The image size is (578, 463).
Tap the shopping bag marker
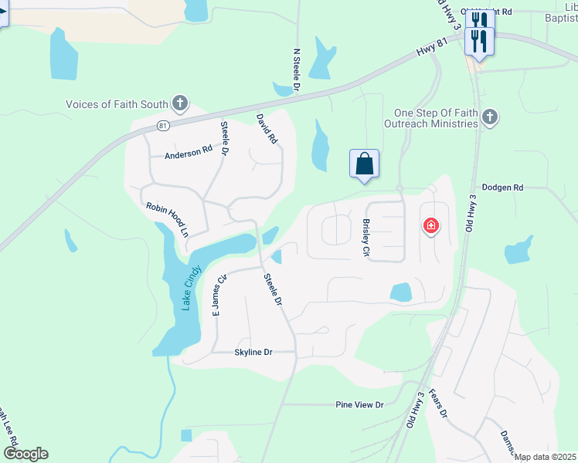pos(365,164)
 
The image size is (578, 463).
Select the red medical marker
pos(430,226)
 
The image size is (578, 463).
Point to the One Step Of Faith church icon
pos(488,117)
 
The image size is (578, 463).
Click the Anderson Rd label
pos(188,153)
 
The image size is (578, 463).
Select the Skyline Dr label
pos(253,352)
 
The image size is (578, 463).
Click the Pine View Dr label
pos(359,404)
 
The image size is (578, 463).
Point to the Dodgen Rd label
pos(502,188)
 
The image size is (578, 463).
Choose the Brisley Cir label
pos(366,237)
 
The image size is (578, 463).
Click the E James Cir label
pos(219,295)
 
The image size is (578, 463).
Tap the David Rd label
pos(267,129)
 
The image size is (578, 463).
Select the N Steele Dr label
pos(296,71)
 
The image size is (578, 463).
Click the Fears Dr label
pos(438,403)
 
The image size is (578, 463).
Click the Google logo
pos(25,454)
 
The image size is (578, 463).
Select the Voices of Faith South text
pos(117,104)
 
